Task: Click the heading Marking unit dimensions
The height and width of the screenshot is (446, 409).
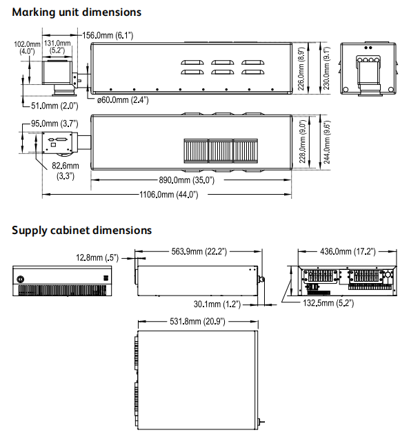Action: (77, 12)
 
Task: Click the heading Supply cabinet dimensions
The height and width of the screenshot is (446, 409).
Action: (81, 230)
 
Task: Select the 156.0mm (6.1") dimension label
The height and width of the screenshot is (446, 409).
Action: (108, 35)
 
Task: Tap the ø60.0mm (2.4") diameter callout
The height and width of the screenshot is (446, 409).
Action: (123, 100)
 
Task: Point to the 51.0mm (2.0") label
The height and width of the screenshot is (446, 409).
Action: (54, 106)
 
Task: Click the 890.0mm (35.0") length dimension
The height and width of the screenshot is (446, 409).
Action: (186, 180)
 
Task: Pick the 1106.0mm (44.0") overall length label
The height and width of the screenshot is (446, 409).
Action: (169, 195)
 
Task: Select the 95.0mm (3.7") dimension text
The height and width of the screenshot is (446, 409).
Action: (54, 124)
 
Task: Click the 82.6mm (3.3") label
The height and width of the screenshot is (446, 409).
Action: (66, 171)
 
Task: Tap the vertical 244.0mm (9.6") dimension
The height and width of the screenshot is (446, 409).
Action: (327, 142)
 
